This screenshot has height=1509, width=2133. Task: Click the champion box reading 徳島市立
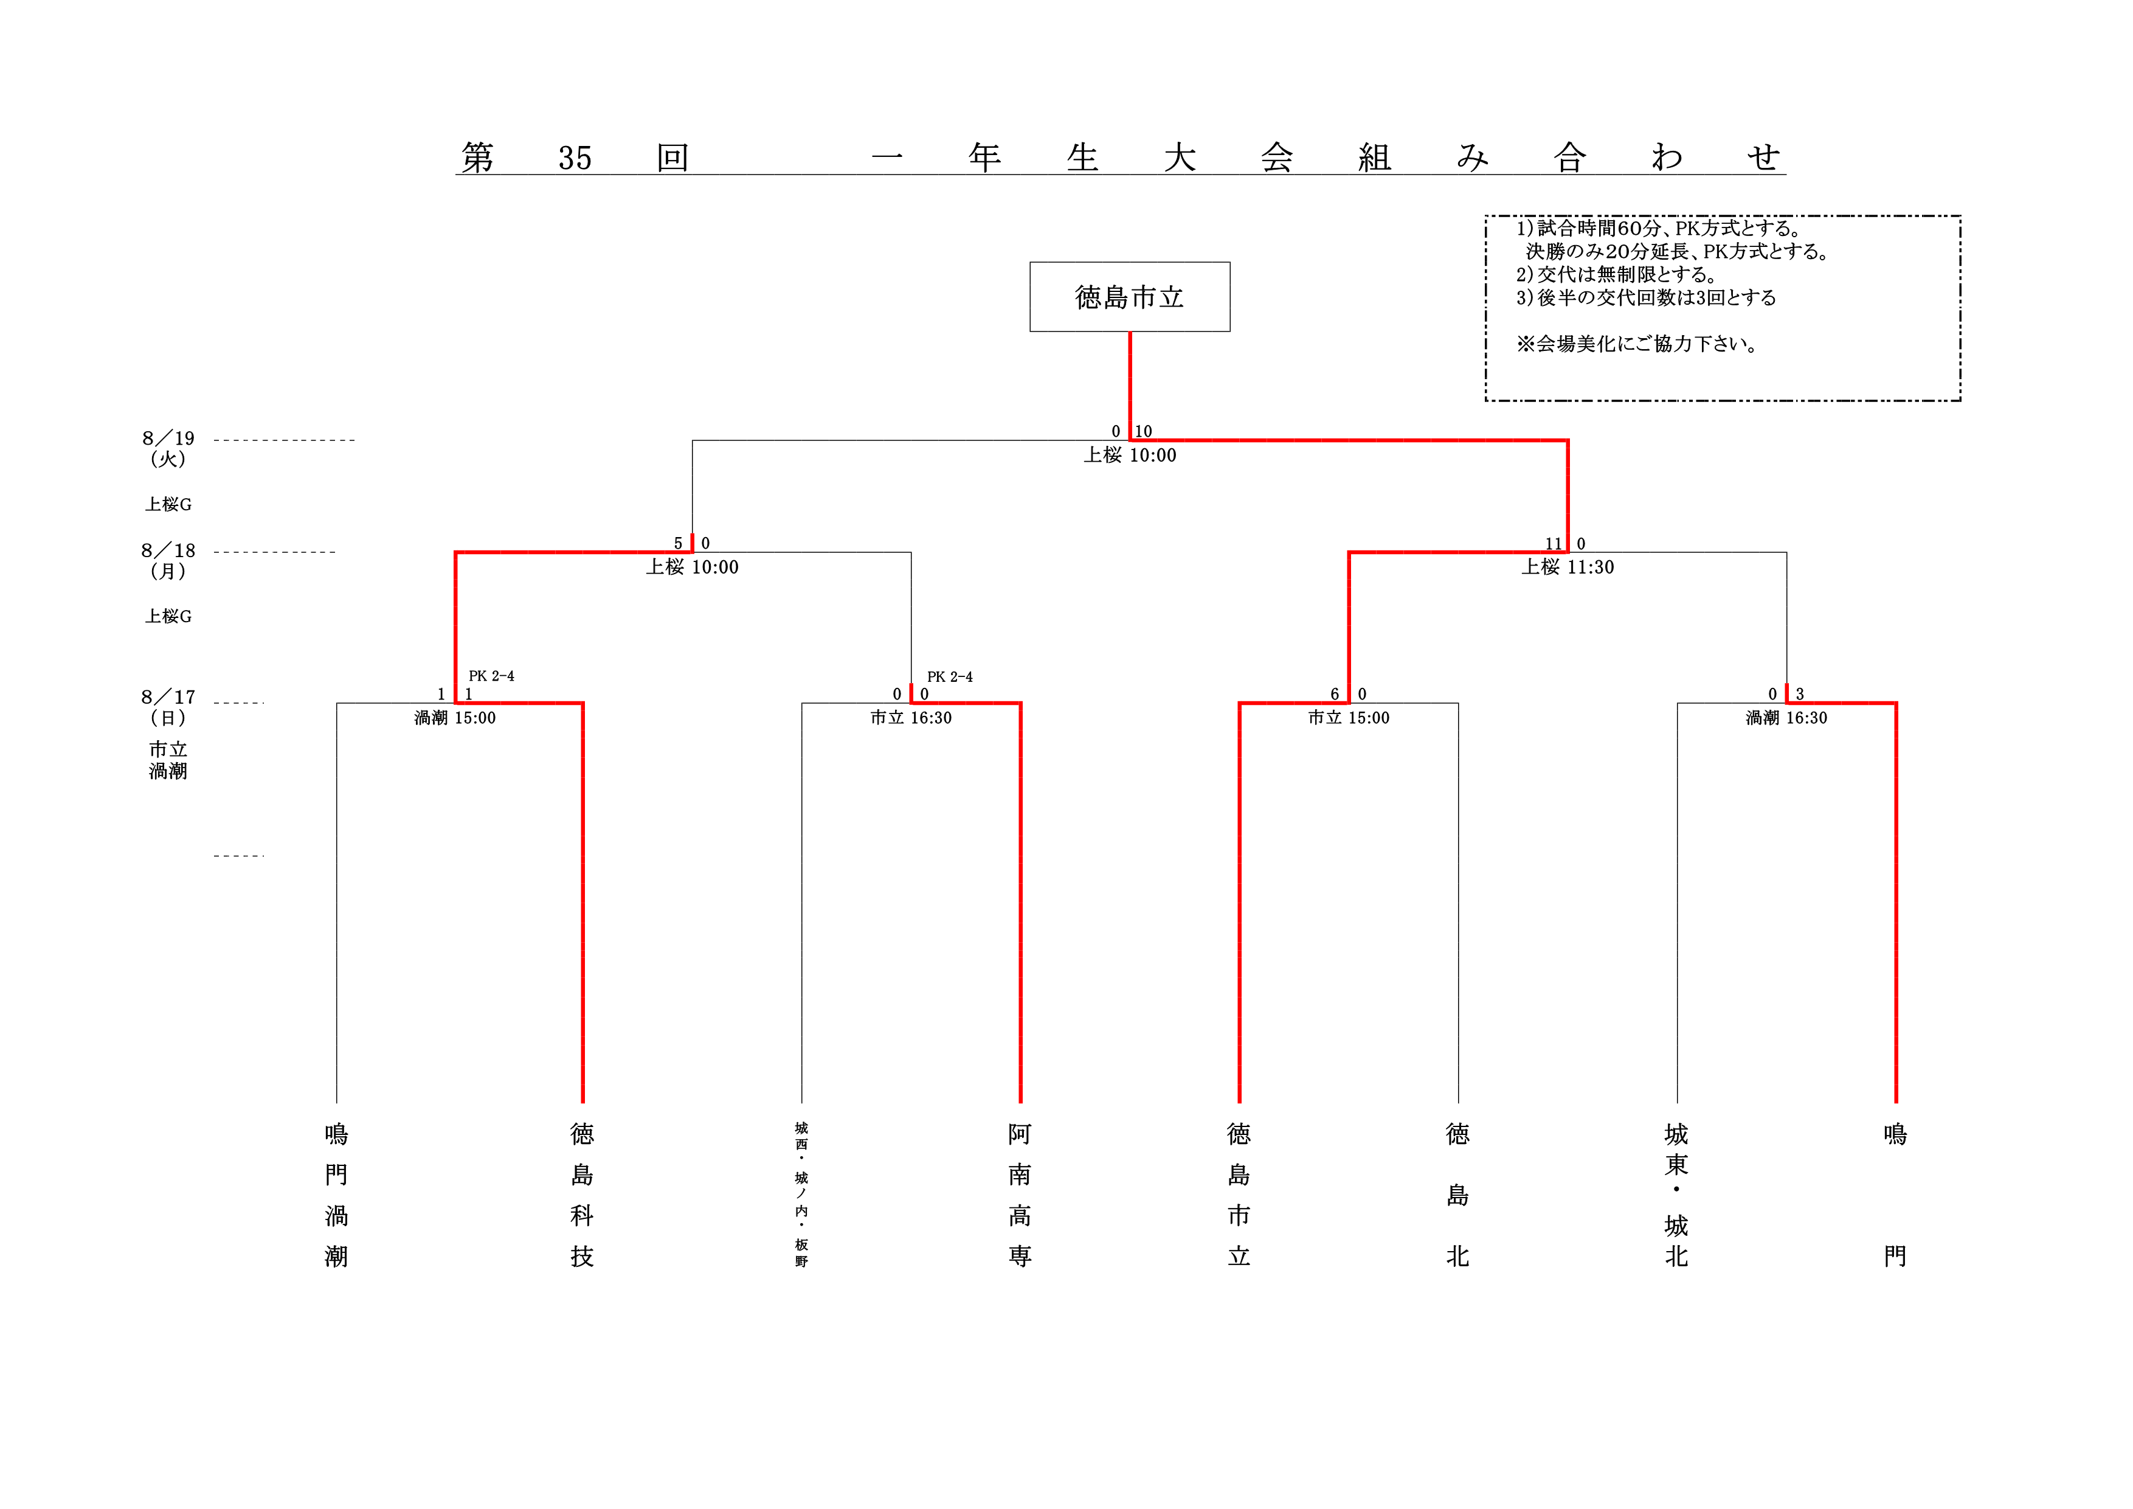[1130, 296]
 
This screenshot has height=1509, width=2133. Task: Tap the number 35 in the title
[575, 158]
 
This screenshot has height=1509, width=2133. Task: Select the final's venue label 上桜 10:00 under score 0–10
[1130, 456]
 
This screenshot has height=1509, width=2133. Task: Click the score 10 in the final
[1144, 431]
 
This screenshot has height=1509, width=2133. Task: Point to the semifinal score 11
[1554, 544]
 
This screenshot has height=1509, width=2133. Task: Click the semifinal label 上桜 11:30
[1568, 567]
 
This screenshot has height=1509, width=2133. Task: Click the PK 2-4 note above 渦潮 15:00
[491, 676]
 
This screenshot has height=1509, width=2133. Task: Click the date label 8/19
[168, 438]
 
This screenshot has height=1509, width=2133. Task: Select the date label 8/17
[168, 697]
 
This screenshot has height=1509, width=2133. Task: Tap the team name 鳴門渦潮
[336, 1195]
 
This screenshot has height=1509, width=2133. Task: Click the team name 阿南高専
[1020, 1195]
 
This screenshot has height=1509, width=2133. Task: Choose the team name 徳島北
[1457, 1195]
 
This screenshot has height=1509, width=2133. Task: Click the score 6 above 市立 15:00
[1335, 694]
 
